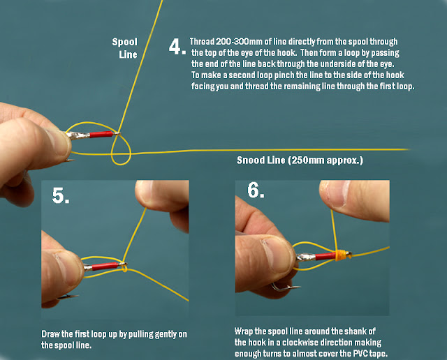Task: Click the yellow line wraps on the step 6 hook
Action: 342,255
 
